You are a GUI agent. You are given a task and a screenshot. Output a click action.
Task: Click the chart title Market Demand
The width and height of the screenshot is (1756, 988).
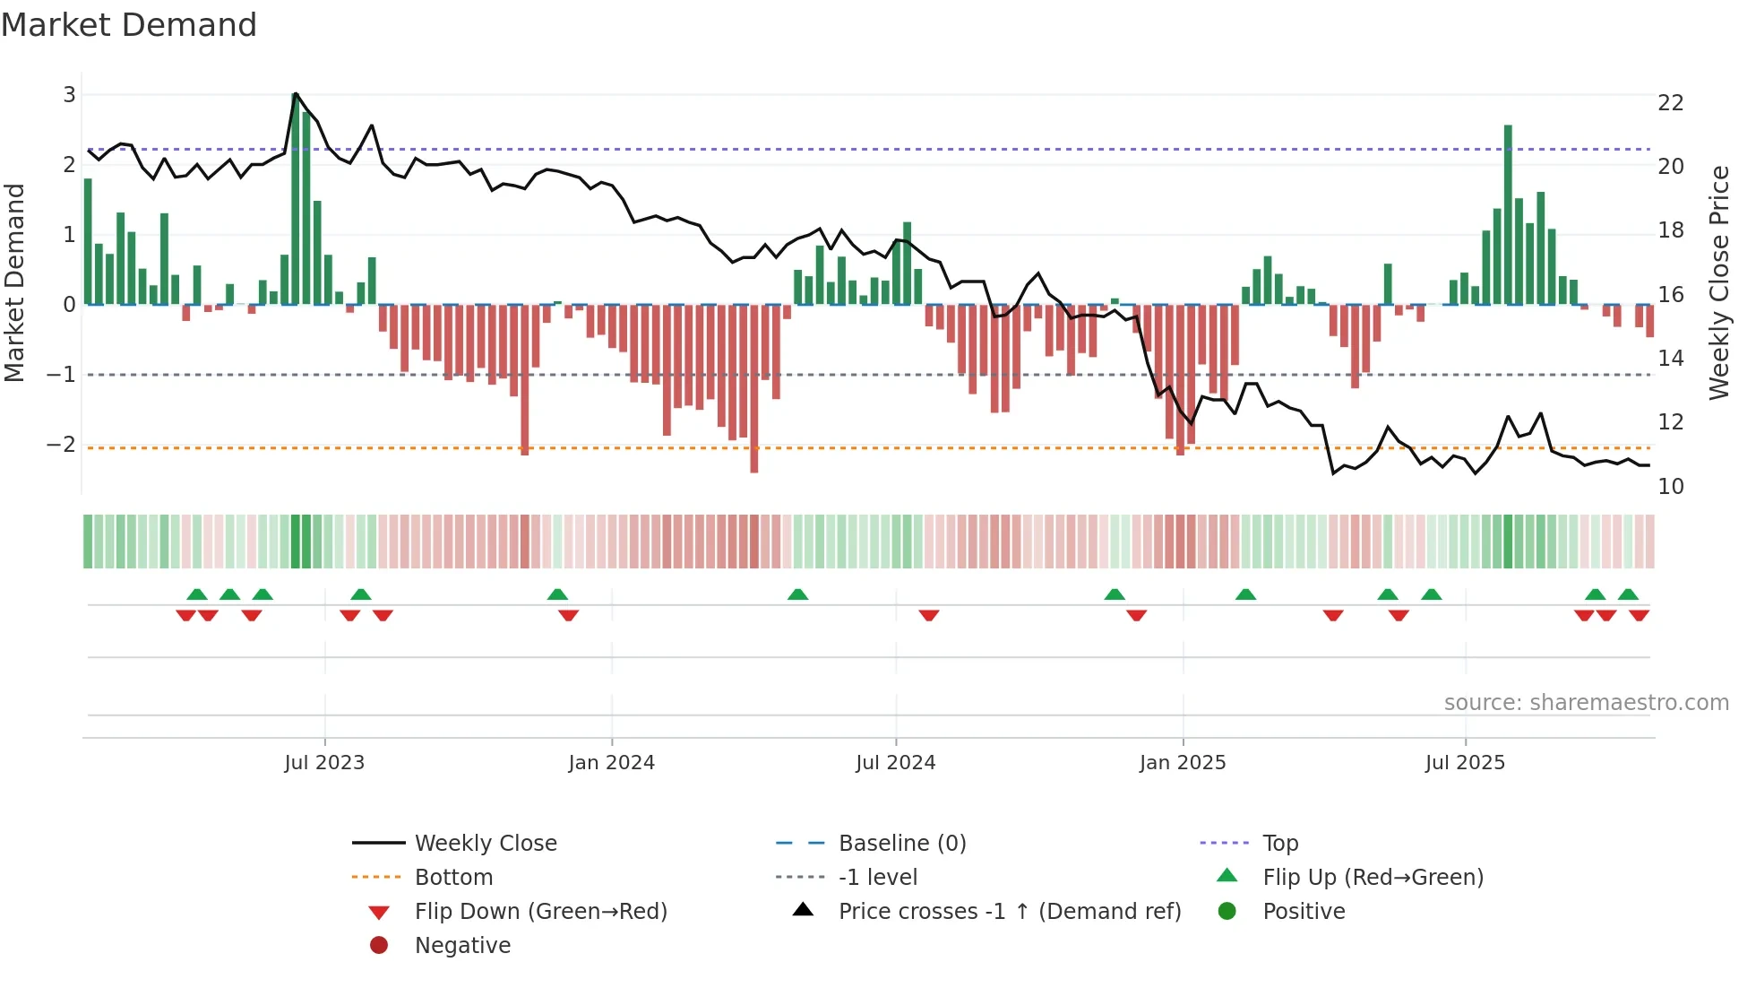[x=129, y=25]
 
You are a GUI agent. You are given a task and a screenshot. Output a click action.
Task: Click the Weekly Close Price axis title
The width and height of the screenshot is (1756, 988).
[x=1718, y=283]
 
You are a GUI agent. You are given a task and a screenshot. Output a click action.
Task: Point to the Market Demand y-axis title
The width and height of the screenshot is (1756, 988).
[x=14, y=283]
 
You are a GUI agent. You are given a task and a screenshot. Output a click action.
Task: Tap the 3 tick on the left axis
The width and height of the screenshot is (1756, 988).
[x=69, y=95]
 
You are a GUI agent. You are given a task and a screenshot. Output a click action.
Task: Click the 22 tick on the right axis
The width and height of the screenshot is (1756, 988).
[x=1670, y=103]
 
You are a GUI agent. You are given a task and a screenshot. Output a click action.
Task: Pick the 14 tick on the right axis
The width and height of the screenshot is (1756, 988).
[x=1670, y=359]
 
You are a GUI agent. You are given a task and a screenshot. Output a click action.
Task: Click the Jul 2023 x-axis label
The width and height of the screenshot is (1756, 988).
[x=324, y=763]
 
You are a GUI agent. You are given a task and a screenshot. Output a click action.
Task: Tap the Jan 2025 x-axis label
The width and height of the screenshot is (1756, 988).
[x=1183, y=763]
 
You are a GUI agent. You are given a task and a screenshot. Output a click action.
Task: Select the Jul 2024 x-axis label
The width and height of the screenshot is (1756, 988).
[x=895, y=763]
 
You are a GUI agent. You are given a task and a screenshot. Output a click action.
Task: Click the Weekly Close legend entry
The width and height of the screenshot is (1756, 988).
[x=485, y=844]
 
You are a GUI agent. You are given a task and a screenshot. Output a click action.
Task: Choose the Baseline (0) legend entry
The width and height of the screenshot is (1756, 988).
[x=901, y=844]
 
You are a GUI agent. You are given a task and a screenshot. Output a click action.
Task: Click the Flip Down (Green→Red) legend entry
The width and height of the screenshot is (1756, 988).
[x=540, y=912]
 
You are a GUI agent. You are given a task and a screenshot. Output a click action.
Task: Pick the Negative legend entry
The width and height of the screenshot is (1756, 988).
[x=462, y=946]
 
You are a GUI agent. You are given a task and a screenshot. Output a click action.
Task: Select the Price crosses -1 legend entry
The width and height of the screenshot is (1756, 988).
[x=1009, y=912]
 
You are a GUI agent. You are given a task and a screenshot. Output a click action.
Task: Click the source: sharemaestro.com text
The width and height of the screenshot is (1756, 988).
[x=1586, y=703]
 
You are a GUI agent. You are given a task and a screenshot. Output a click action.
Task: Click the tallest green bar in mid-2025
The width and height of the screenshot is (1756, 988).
[x=1508, y=215]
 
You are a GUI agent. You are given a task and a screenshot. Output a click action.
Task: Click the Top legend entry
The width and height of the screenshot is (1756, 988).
[x=1279, y=844]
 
